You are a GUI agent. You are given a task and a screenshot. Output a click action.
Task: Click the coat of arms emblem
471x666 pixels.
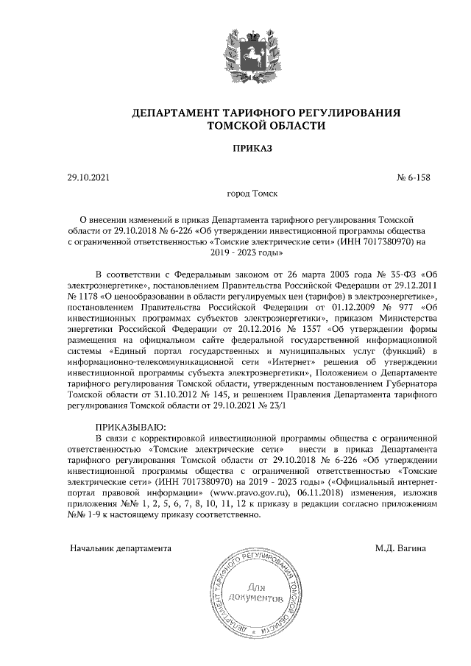235,49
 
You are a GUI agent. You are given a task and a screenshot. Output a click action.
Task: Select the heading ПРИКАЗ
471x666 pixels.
252,148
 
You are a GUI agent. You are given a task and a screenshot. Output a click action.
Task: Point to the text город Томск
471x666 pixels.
252,196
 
